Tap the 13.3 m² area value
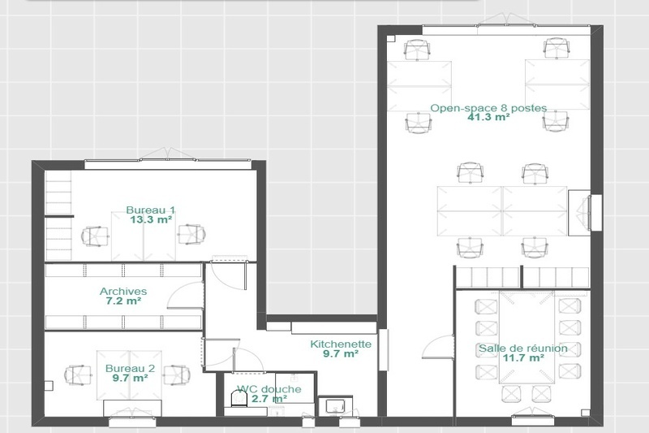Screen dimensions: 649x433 (151, 219)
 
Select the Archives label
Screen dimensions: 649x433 (123, 292)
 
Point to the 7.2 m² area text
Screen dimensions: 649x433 (123, 301)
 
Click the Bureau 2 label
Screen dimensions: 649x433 (130, 368)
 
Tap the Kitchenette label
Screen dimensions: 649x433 (341, 344)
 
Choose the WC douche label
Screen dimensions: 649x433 (269, 389)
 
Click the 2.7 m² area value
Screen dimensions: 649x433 (269, 399)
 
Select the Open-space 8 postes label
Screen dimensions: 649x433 (488, 108)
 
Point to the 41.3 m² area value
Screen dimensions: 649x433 (488, 117)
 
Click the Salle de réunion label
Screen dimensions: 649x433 (523, 348)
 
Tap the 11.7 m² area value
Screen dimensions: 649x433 (523, 357)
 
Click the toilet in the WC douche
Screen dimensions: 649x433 (239, 399)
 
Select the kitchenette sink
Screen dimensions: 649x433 (335, 405)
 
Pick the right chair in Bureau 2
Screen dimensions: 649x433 (177, 375)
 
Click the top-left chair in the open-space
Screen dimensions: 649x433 (417, 50)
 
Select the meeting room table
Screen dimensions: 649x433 (527, 337)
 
